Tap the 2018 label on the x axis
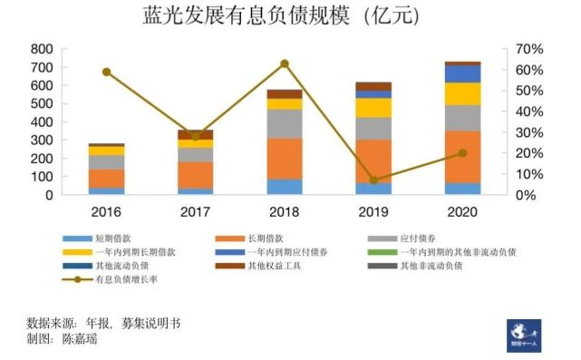click(x=284, y=210)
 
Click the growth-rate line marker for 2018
click(x=284, y=63)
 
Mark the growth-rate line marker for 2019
click(x=373, y=180)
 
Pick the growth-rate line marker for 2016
click(x=106, y=72)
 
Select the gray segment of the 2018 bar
click(x=284, y=123)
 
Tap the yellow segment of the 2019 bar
click(x=373, y=107)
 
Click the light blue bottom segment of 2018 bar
click(x=284, y=186)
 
